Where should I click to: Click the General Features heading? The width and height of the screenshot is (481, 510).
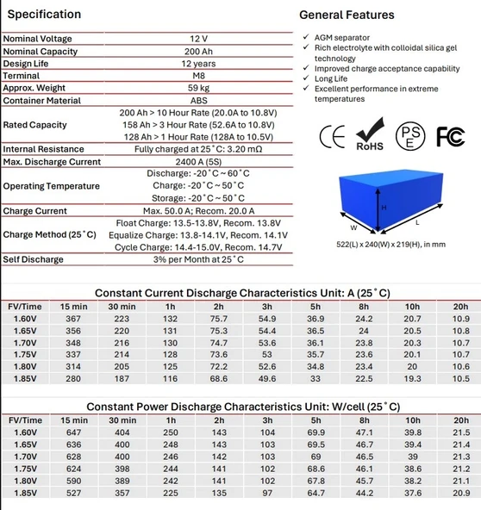[347, 15]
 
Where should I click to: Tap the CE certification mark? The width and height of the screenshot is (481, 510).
[333, 136]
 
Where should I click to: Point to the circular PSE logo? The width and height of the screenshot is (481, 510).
[410, 136]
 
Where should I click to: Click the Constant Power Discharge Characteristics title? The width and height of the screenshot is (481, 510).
[241, 406]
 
